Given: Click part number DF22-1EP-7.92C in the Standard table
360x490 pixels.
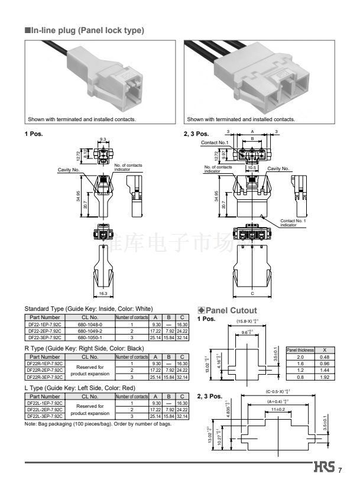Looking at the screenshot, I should coord(45,324).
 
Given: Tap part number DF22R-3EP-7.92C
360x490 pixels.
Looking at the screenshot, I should coord(45,377).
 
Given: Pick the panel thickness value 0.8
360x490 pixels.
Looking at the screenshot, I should coord(300,377).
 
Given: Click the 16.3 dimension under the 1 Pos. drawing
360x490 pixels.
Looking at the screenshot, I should coord(103,294).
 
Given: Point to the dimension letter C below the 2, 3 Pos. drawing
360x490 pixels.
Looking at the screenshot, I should coord(253,294).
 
